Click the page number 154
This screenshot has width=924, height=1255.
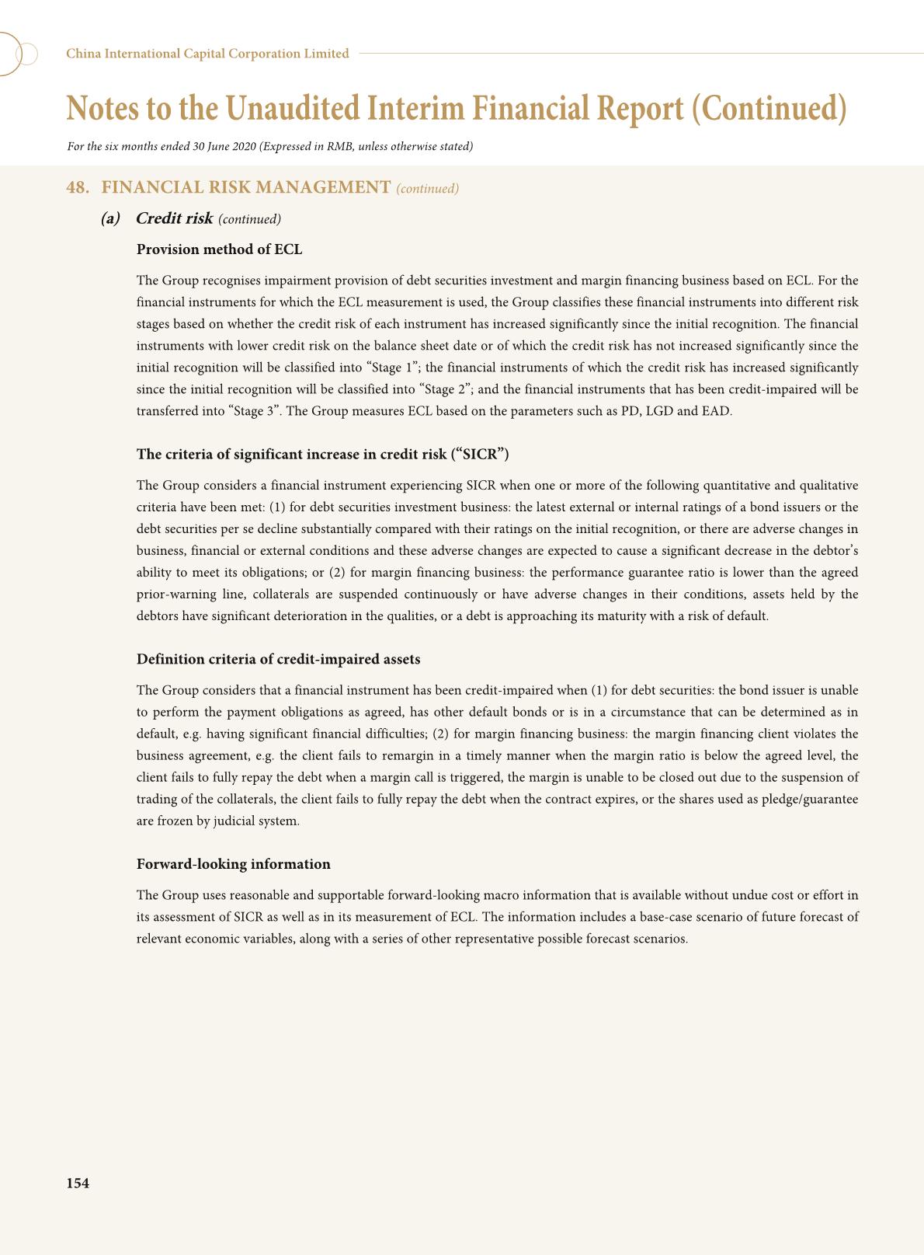click(78, 1184)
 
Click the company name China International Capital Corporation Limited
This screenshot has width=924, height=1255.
click(207, 54)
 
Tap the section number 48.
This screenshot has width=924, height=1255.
click(77, 187)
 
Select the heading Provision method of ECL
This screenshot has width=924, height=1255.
click(219, 249)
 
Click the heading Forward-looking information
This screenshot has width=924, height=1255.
click(233, 864)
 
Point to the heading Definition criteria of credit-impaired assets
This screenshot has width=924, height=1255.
click(278, 659)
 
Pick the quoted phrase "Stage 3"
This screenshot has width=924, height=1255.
click(255, 411)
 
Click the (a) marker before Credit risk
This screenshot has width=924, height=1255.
click(110, 218)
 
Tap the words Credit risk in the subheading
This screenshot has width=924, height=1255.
click(174, 218)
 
